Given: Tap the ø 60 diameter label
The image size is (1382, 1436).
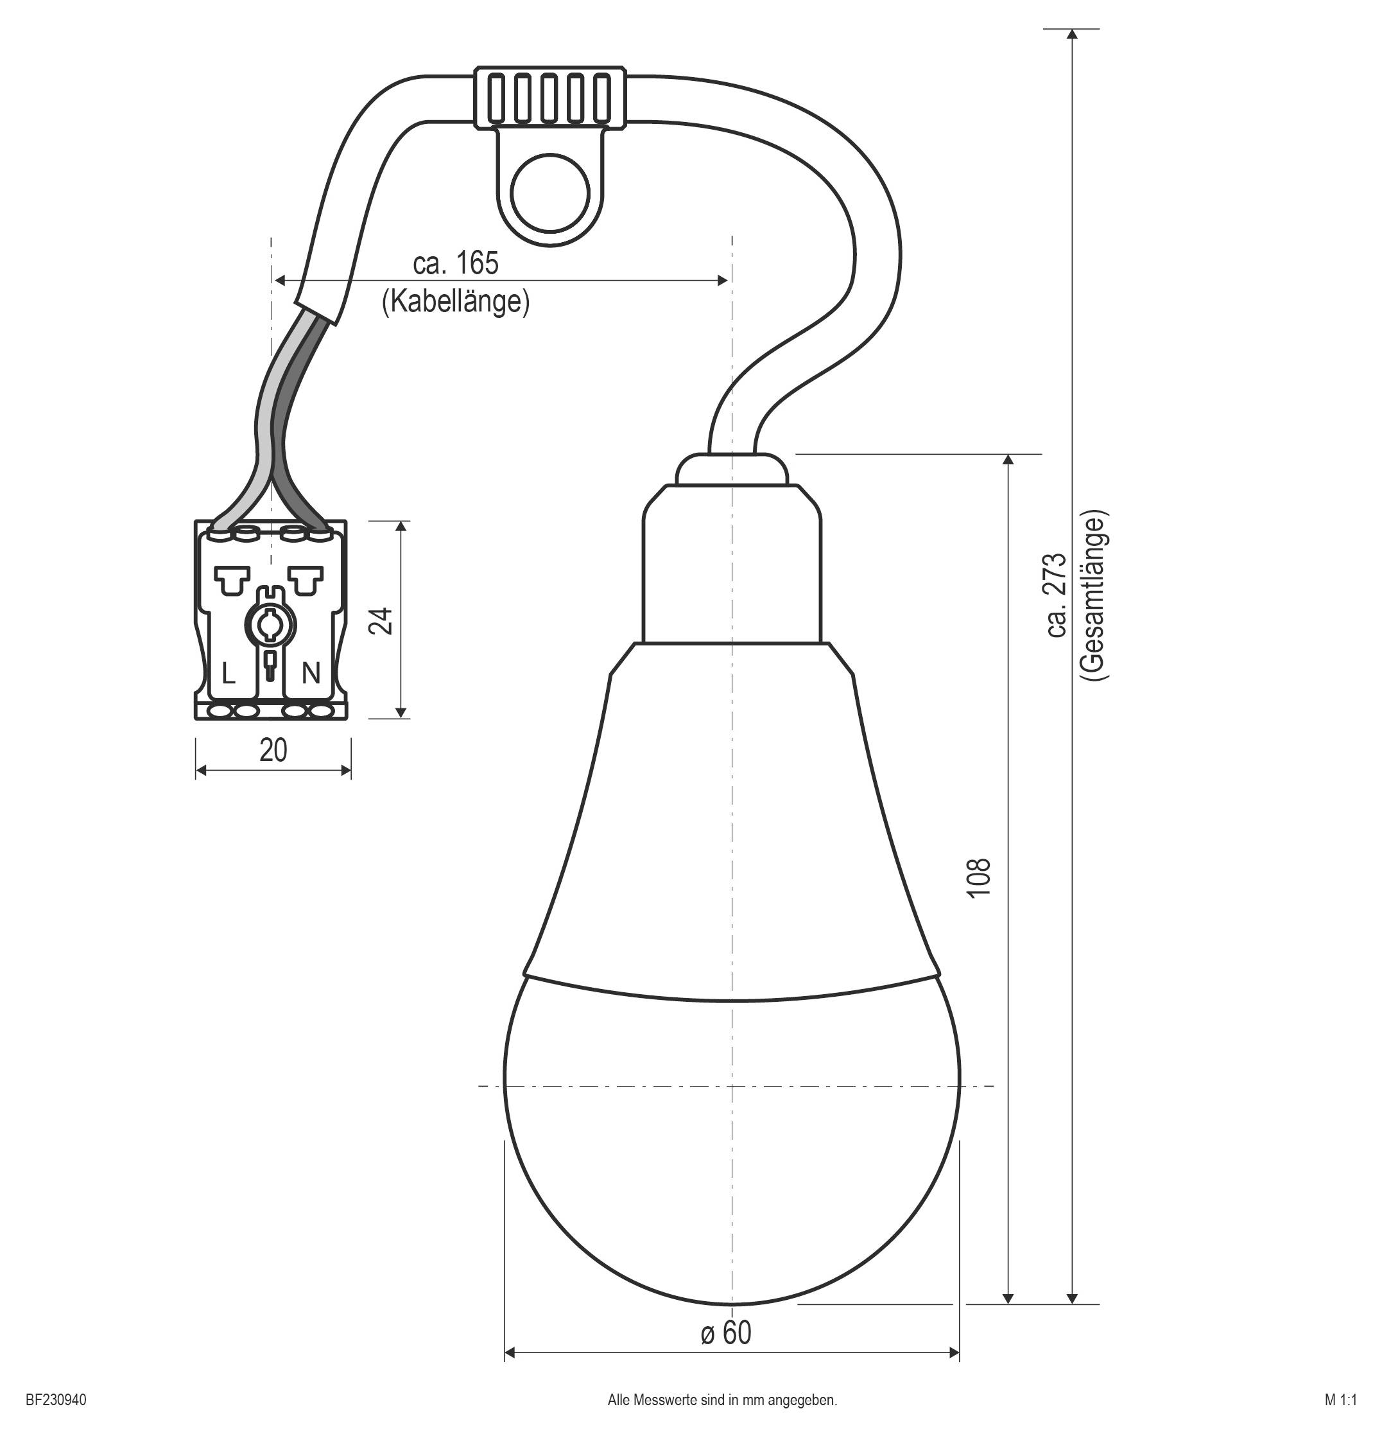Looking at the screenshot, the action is coord(726,1333).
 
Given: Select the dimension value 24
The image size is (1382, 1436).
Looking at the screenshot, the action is coord(383,620).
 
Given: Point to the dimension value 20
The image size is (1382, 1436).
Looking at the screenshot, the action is coord(273,749).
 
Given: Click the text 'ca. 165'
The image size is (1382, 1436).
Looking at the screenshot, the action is coord(456,263).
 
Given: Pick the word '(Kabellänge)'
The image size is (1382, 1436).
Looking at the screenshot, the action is coord(456,301).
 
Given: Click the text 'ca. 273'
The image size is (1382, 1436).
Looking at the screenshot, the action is coord(1057,595).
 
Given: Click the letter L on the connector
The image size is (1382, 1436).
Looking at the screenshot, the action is coord(229,672).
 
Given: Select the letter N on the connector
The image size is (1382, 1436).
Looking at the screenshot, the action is coord(311,672).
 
